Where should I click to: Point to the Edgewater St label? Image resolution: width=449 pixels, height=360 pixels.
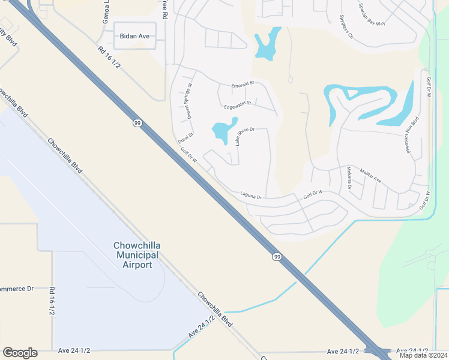coord(236,106)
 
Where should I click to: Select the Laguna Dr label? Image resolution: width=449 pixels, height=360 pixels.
coord(252,194)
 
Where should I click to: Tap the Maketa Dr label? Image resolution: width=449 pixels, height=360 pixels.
coord(349,179)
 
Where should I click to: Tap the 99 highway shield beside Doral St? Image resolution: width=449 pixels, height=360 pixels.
coord(137,123)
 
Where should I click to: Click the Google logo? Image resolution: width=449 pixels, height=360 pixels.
coord(20,353)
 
